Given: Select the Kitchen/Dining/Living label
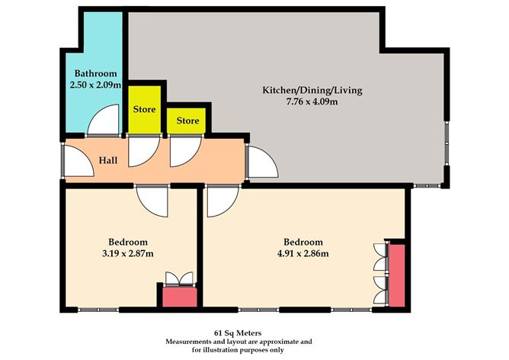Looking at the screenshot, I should click(x=312, y=90).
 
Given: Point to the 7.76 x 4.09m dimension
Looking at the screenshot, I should click(x=312, y=101).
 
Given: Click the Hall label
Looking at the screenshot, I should click(x=108, y=161).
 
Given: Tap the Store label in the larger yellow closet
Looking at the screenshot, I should click(x=145, y=109).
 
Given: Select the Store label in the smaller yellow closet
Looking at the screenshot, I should click(x=187, y=121).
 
